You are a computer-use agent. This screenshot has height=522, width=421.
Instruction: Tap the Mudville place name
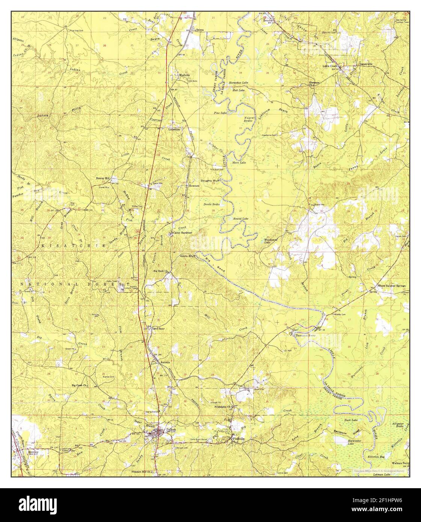click(x=184, y=75)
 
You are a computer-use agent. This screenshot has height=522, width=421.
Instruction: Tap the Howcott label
click(x=194, y=186)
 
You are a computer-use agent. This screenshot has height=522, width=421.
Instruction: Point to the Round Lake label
click(x=240, y=219)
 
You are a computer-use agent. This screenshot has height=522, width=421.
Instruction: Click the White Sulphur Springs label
click(x=391, y=286)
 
